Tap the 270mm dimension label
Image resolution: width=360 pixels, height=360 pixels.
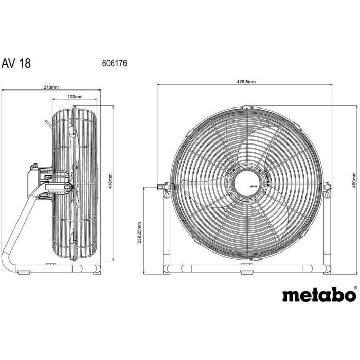click(50, 87)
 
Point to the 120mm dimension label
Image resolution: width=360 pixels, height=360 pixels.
click(75, 96)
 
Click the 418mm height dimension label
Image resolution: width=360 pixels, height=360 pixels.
click(110, 181)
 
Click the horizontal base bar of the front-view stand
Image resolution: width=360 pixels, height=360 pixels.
click(206, 267)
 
